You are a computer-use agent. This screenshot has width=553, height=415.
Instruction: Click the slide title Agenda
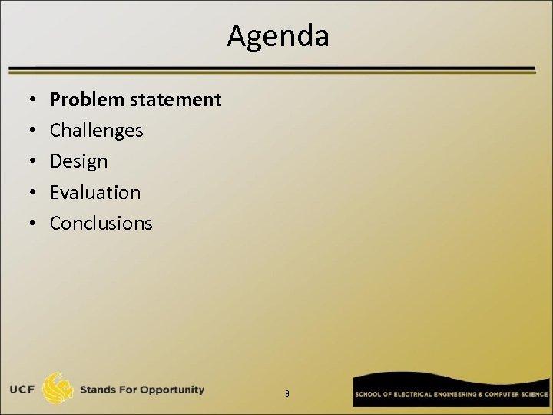click(x=277, y=35)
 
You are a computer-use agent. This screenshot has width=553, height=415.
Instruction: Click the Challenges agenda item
click(x=96, y=131)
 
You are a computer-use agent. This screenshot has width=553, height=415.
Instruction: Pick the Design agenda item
click(x=78, y=161)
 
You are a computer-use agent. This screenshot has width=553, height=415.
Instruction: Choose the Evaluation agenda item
click(x=95, y=192)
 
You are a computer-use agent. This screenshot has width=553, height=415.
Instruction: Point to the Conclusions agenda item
click(x=101, y=223)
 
